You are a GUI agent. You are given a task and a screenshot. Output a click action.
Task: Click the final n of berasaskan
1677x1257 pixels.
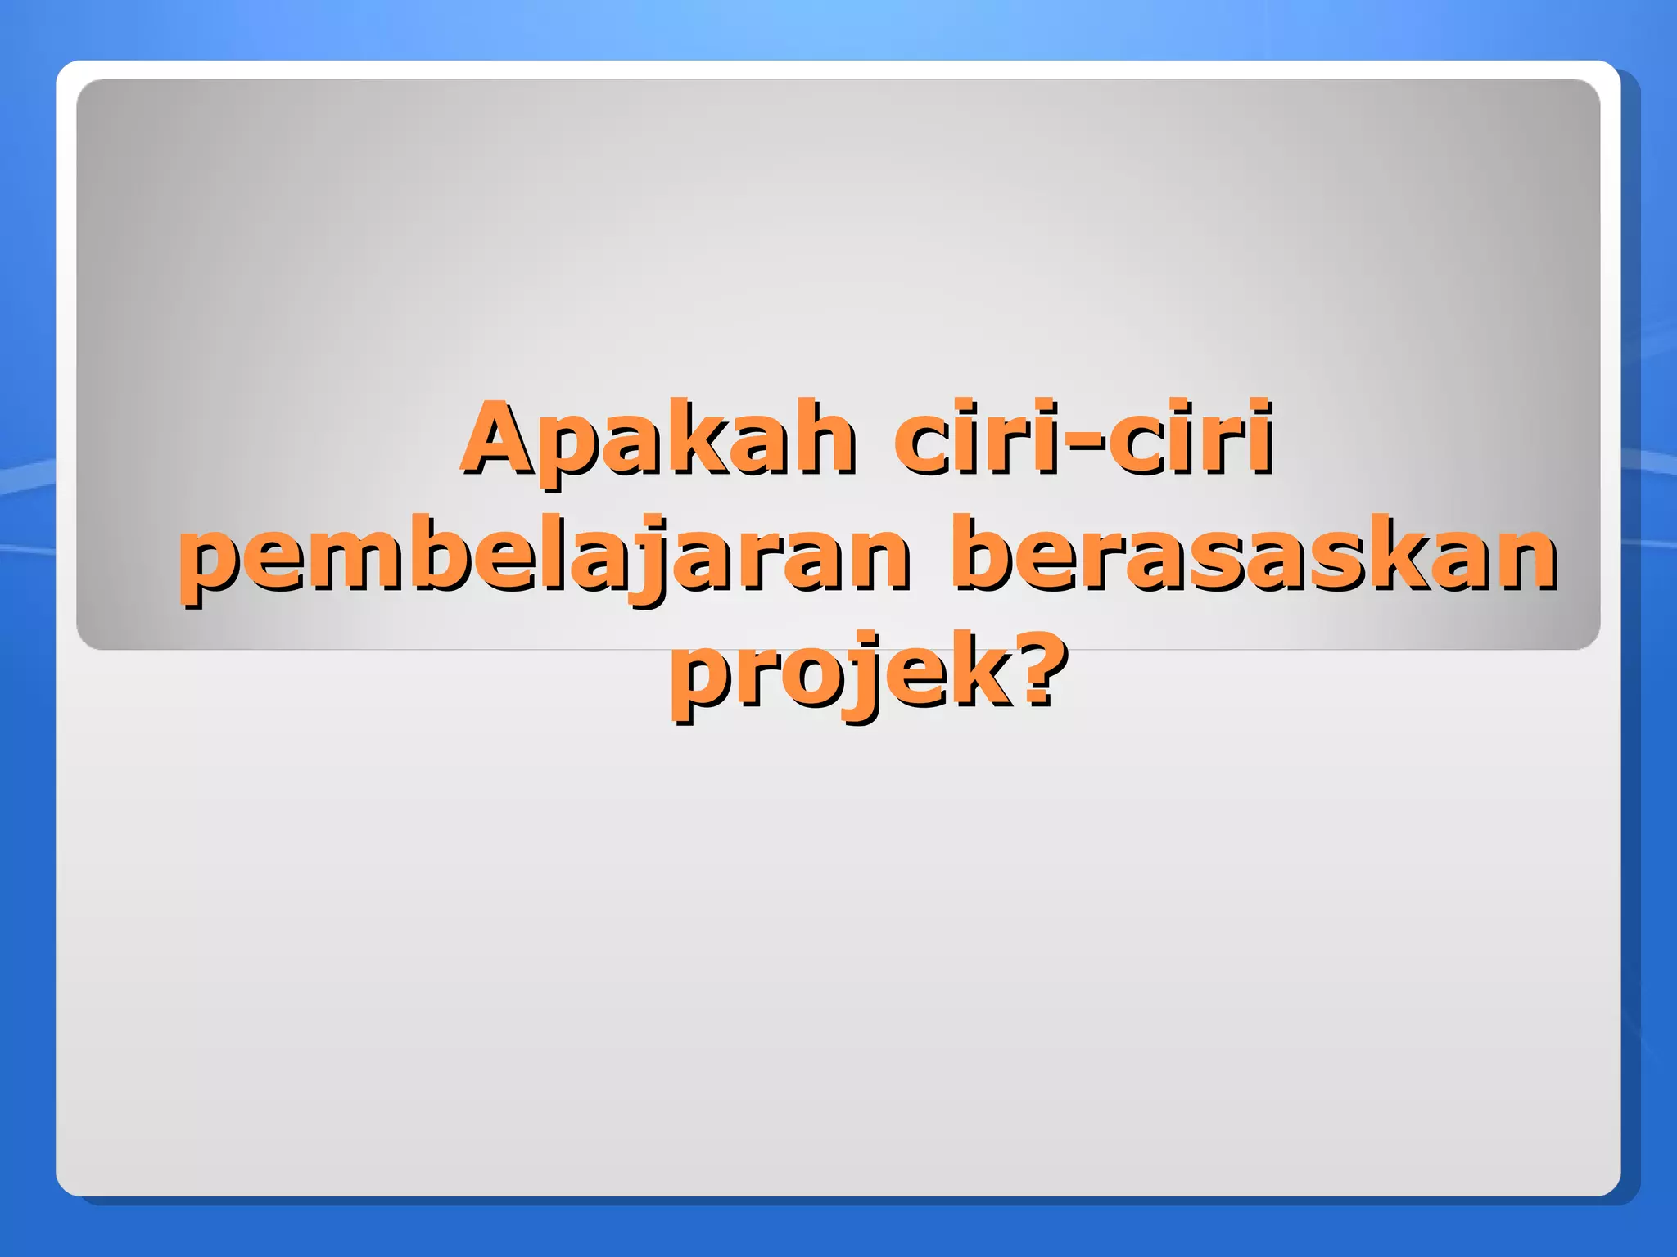pos(1523,561)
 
